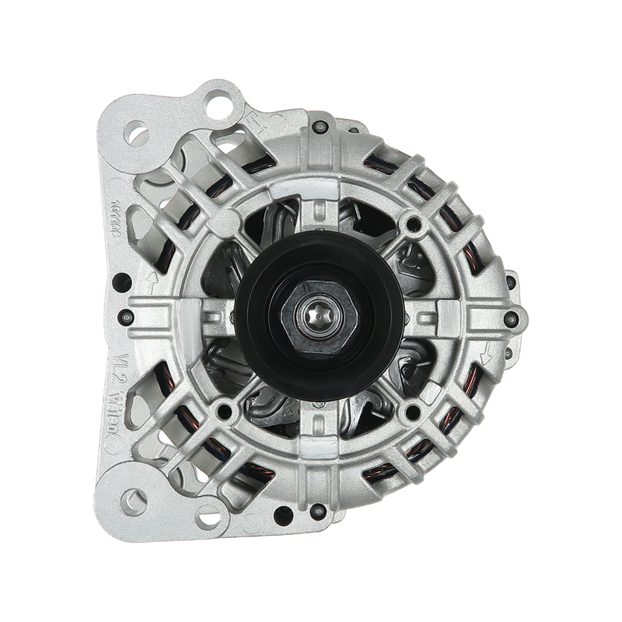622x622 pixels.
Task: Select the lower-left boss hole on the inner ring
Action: pyautogui.click(x=225, y=407)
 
